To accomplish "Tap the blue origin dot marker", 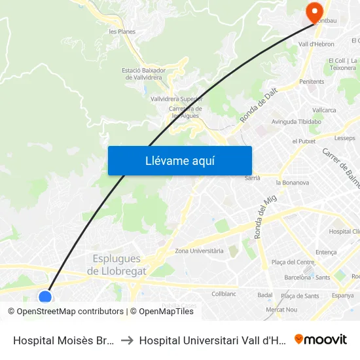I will tap(45, 297).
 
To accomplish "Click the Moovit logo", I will tap(321, 339).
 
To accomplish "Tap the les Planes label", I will tap(122, 31).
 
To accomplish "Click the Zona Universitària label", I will tap(200, 251).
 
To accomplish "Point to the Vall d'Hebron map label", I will tap(316, 45).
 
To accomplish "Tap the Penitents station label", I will tap(312, 82).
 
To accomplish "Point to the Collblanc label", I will tap(224, 294).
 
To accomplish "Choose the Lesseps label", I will tap(344, 138).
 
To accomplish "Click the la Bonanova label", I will tap(293, 183).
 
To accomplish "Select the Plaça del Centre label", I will tap(293, 262).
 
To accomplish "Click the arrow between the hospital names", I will tap(127, 340).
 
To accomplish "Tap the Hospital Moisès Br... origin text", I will tap(63, 340).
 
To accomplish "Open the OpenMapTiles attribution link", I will tap(162, 312).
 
